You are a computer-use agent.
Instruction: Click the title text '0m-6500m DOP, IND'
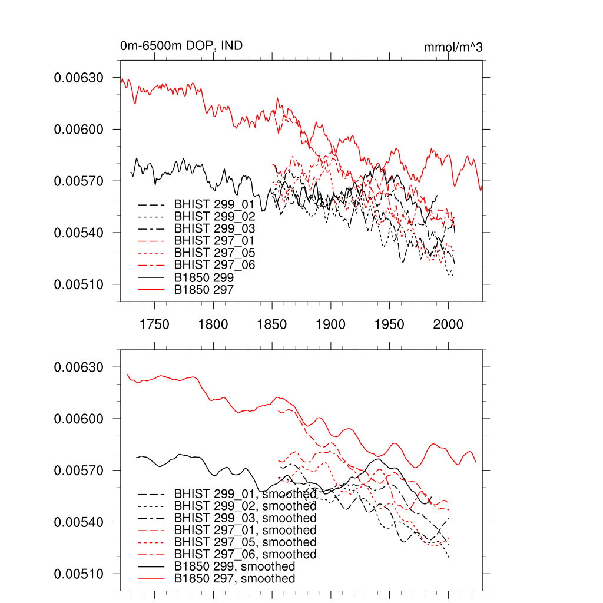[x=181, y=47]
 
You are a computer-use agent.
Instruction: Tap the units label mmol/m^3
[x=453, y=47]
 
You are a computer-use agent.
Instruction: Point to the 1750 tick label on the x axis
[x=154, y=325]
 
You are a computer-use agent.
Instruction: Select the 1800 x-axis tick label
[x=213, y=325]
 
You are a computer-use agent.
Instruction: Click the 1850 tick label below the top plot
[x=272, y=325]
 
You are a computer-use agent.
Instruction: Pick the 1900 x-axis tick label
[x=331, y=325]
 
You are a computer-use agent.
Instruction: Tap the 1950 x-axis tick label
[x=390, y=325]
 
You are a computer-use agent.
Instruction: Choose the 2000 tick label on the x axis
[x=449, y=325]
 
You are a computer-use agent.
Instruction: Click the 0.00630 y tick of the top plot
[x=78, y=78]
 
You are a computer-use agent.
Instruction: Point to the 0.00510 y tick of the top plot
[x=78, y=284]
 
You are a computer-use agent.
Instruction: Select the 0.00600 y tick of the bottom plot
[x=78, y=419]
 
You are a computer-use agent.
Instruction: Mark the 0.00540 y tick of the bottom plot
[x=78, y=522]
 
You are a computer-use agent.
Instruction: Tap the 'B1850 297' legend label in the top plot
[x=204, y=290]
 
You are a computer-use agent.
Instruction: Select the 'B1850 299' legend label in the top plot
[x=204, y=277]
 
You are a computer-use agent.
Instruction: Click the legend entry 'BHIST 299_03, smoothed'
[x=245, y=518]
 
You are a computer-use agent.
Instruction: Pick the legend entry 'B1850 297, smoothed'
[x=234, y=579]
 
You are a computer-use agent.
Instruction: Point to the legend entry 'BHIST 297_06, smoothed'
[x=245, y=554]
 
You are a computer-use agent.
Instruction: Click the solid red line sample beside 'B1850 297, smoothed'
[x=150, y=579]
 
